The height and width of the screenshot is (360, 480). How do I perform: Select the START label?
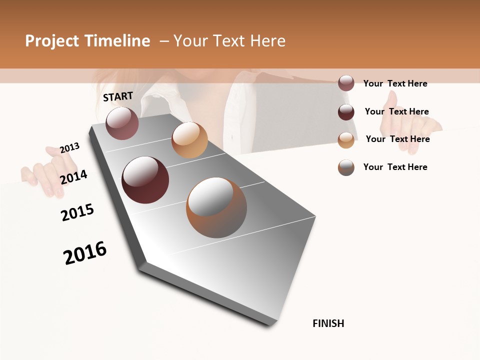pos(118,96)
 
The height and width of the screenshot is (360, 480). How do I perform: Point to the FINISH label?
pos(328,323)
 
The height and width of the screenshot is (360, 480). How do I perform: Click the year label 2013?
pos(69,148)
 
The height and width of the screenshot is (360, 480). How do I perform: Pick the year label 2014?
pos(73,177)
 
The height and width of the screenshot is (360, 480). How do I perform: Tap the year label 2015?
pos(77,212)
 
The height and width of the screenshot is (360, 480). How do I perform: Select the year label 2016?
pos(85,253)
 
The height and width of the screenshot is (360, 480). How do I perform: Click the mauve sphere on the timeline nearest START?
pos(122,123)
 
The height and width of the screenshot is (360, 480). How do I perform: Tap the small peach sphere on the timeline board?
pos(189,140)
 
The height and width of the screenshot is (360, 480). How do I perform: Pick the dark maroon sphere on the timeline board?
pos(145,180)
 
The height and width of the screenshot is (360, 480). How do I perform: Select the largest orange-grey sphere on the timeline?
pos(216,207)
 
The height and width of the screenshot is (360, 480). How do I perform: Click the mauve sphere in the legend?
pos(346,83)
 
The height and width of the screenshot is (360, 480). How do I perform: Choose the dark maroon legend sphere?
pos(346,112)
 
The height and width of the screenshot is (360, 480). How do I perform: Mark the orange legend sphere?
pos(346,140)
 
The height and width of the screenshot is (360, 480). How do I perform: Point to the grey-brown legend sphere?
pos(346,167)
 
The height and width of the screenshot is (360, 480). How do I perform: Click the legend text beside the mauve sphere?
pos(395,83)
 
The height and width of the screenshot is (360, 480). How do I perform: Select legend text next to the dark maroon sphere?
pos(396,111)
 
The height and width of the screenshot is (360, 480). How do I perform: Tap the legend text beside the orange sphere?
pos(397,139)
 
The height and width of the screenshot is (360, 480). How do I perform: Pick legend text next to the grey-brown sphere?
pos(395,167)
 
